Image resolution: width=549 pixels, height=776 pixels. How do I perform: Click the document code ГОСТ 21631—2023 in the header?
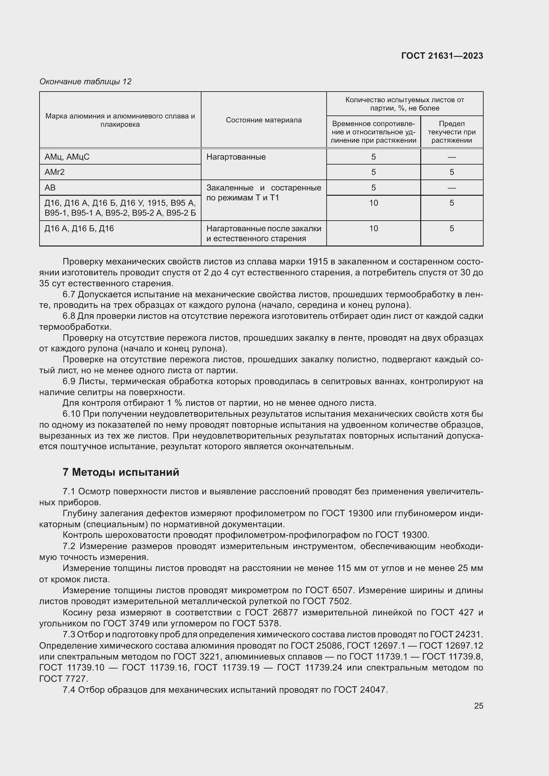click(x=442, y=56)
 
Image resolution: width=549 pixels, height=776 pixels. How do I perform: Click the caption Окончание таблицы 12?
click(x=85, y=82)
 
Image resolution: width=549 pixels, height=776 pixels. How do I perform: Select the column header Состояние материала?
click(x=263, y=120)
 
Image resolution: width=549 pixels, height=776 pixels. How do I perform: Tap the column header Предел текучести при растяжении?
click(x=451, y=132)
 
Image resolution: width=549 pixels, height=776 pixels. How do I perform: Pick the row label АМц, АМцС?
click(x=67, y=157)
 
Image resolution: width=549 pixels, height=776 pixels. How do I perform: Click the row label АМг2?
click(x=54, y=172)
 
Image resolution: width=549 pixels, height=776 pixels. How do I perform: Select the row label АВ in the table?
click(x=50, y=187)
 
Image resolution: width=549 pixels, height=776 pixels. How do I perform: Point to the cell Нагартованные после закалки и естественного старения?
click(x=263, y=233)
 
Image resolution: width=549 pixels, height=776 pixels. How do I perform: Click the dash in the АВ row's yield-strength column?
click(x=451, y=188)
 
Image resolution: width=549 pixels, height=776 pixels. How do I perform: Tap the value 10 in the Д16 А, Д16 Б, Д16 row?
click(x=373, y=229)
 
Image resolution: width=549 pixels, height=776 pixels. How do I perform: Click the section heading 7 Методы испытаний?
click(x=121, y=472)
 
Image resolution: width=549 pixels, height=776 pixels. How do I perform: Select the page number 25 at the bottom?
click(x=478, y=706)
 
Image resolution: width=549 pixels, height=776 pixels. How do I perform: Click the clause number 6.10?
click(x=71, y=414)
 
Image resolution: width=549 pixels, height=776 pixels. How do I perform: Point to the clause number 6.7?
click(x=69, y=294)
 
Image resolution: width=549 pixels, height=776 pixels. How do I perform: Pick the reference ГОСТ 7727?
click(x=63, y=679)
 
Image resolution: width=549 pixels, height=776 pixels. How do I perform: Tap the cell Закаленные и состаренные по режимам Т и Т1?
click(x=263, y=193)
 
